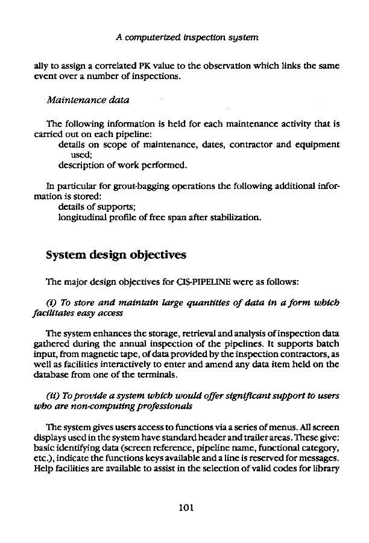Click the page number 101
coord(184,508)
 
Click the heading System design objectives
coord(116,255)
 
